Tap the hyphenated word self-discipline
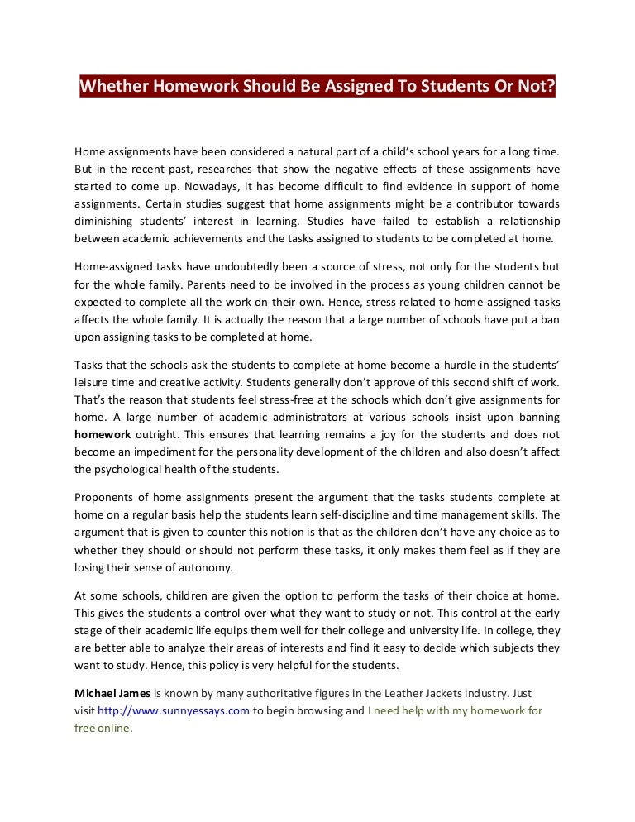[353, 515]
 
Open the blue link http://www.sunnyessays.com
[174, 711]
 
